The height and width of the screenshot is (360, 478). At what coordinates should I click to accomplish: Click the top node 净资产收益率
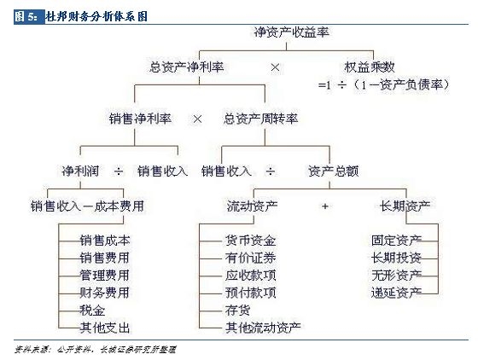click(291, 32)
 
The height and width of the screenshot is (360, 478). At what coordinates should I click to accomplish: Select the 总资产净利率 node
click(187, 67)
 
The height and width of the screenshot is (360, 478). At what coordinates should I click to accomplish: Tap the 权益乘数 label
click(369, 67)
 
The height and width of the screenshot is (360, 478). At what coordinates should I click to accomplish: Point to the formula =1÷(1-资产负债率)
click(383, 84)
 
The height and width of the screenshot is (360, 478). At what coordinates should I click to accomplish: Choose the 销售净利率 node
click(140, 119)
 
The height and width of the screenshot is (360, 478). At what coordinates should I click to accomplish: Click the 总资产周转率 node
click(260, 119)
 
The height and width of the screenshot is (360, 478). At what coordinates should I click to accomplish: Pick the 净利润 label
click(80, 171)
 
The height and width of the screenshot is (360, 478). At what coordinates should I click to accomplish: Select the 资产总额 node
click(333, 171)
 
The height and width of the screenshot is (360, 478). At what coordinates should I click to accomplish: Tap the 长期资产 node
click(405, 206)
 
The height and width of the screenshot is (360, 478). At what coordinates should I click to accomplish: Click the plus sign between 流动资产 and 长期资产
click(325, 206)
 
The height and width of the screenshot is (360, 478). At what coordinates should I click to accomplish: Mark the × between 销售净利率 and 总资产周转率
click(197, 119)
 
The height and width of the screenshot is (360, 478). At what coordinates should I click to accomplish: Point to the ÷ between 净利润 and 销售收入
click(119, 171)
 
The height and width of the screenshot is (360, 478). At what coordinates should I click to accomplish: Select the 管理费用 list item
click(104, 276)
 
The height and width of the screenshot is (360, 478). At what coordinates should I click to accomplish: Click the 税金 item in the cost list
click(92, 311)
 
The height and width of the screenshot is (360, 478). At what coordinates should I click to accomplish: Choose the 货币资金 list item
click(251, 241)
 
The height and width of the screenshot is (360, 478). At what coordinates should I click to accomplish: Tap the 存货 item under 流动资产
click(238, 311)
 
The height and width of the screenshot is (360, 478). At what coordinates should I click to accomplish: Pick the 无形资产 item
click(396, 276)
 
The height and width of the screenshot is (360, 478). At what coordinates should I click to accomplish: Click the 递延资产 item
click(396, 293)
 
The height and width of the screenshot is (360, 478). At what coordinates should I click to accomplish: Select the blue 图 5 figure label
click(29, 16)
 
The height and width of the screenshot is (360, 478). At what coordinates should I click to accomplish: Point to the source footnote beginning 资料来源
click(95, 350)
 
